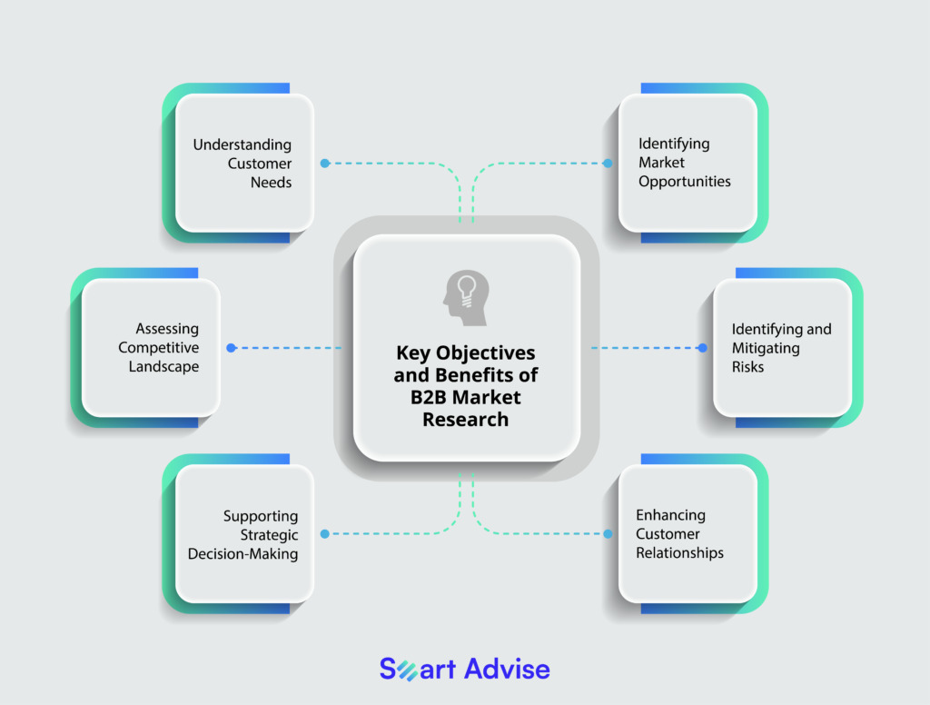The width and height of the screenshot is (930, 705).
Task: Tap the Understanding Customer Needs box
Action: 244,163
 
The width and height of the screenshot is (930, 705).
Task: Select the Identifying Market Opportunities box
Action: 688,163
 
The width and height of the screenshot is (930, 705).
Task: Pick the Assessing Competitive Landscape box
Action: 151,347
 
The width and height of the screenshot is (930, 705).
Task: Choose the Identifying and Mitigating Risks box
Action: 782,347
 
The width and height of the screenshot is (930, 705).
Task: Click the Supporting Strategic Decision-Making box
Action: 244,533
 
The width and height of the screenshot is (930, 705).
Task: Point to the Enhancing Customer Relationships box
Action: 688,533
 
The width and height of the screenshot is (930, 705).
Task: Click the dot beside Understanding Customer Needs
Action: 324,164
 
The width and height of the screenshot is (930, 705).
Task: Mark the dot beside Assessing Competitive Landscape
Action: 231,347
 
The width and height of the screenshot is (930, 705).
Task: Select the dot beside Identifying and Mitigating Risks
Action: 702,347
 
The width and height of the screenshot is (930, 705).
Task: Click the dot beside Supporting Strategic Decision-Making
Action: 324,533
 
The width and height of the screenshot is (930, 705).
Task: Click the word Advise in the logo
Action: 507,670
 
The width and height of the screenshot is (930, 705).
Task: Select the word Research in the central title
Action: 465,419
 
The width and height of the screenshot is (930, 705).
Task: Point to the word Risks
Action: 748,367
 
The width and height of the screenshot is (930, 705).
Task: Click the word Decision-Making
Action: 242,553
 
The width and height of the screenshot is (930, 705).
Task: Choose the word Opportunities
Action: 684,182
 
